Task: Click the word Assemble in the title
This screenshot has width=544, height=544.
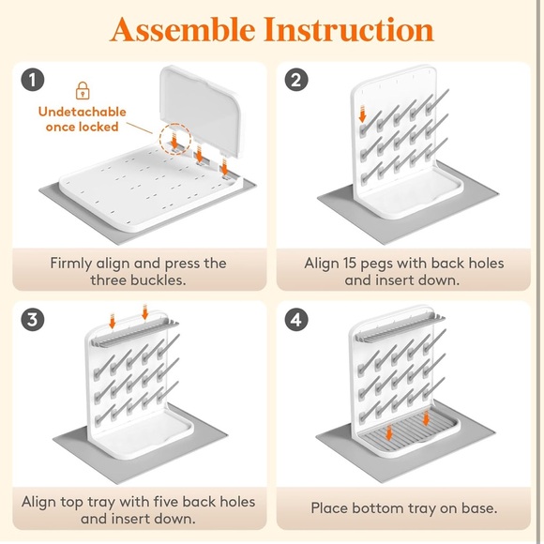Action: (x=183, y=29)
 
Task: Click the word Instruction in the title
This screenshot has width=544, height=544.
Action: (x=349, y=29)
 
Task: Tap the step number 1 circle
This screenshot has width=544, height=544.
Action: (x=33, y=80)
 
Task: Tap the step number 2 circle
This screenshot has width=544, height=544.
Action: (x=296, y=80)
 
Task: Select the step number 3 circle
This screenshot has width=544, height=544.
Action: (x=33, y=319)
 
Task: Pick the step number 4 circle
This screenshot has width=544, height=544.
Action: (x=296, y=319)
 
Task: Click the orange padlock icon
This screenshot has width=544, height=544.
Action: (x=83, y=91)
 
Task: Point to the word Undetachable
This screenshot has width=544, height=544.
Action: (x=83, y=112)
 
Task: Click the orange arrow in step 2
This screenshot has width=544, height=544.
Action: (x=363, y=113)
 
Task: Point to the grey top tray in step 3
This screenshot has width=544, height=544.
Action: (x=135, y=333)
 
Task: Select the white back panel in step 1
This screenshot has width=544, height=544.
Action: (x=202, y=110)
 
